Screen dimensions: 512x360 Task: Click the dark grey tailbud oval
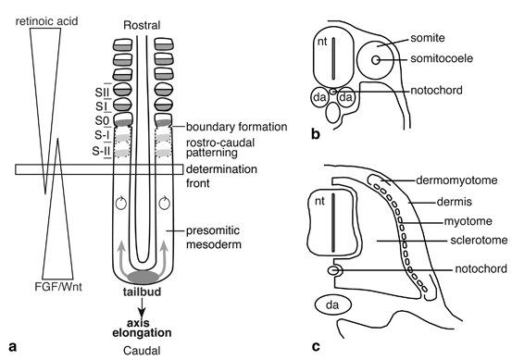[144, 278]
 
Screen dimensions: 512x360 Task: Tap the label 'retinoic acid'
[46, 21]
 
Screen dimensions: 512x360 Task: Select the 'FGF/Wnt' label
[58, 287]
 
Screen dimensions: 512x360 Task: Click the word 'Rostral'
[142, 25]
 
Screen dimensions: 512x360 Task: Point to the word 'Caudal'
[142, 351]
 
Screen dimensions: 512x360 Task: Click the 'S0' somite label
[102, 120]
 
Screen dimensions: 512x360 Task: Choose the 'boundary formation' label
[236, 127]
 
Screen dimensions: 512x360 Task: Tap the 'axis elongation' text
[142, 328]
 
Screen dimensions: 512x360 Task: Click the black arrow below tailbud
[142, 307]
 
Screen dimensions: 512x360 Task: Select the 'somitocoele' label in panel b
[442, 58]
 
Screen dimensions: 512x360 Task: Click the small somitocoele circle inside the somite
[376, 60]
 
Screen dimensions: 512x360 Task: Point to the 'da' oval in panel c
[332, 305]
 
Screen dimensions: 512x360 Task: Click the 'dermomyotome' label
[456, 180]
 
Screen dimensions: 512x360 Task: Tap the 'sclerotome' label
[479, 241]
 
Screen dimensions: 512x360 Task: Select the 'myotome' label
[468, 221]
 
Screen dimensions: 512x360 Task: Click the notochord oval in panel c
[334, 270]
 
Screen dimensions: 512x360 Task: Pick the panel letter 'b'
[316, 134]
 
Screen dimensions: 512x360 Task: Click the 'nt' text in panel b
[322, 42]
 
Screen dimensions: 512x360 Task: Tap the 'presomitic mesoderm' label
[214, 237]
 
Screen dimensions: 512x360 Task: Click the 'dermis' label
[455, 202]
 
